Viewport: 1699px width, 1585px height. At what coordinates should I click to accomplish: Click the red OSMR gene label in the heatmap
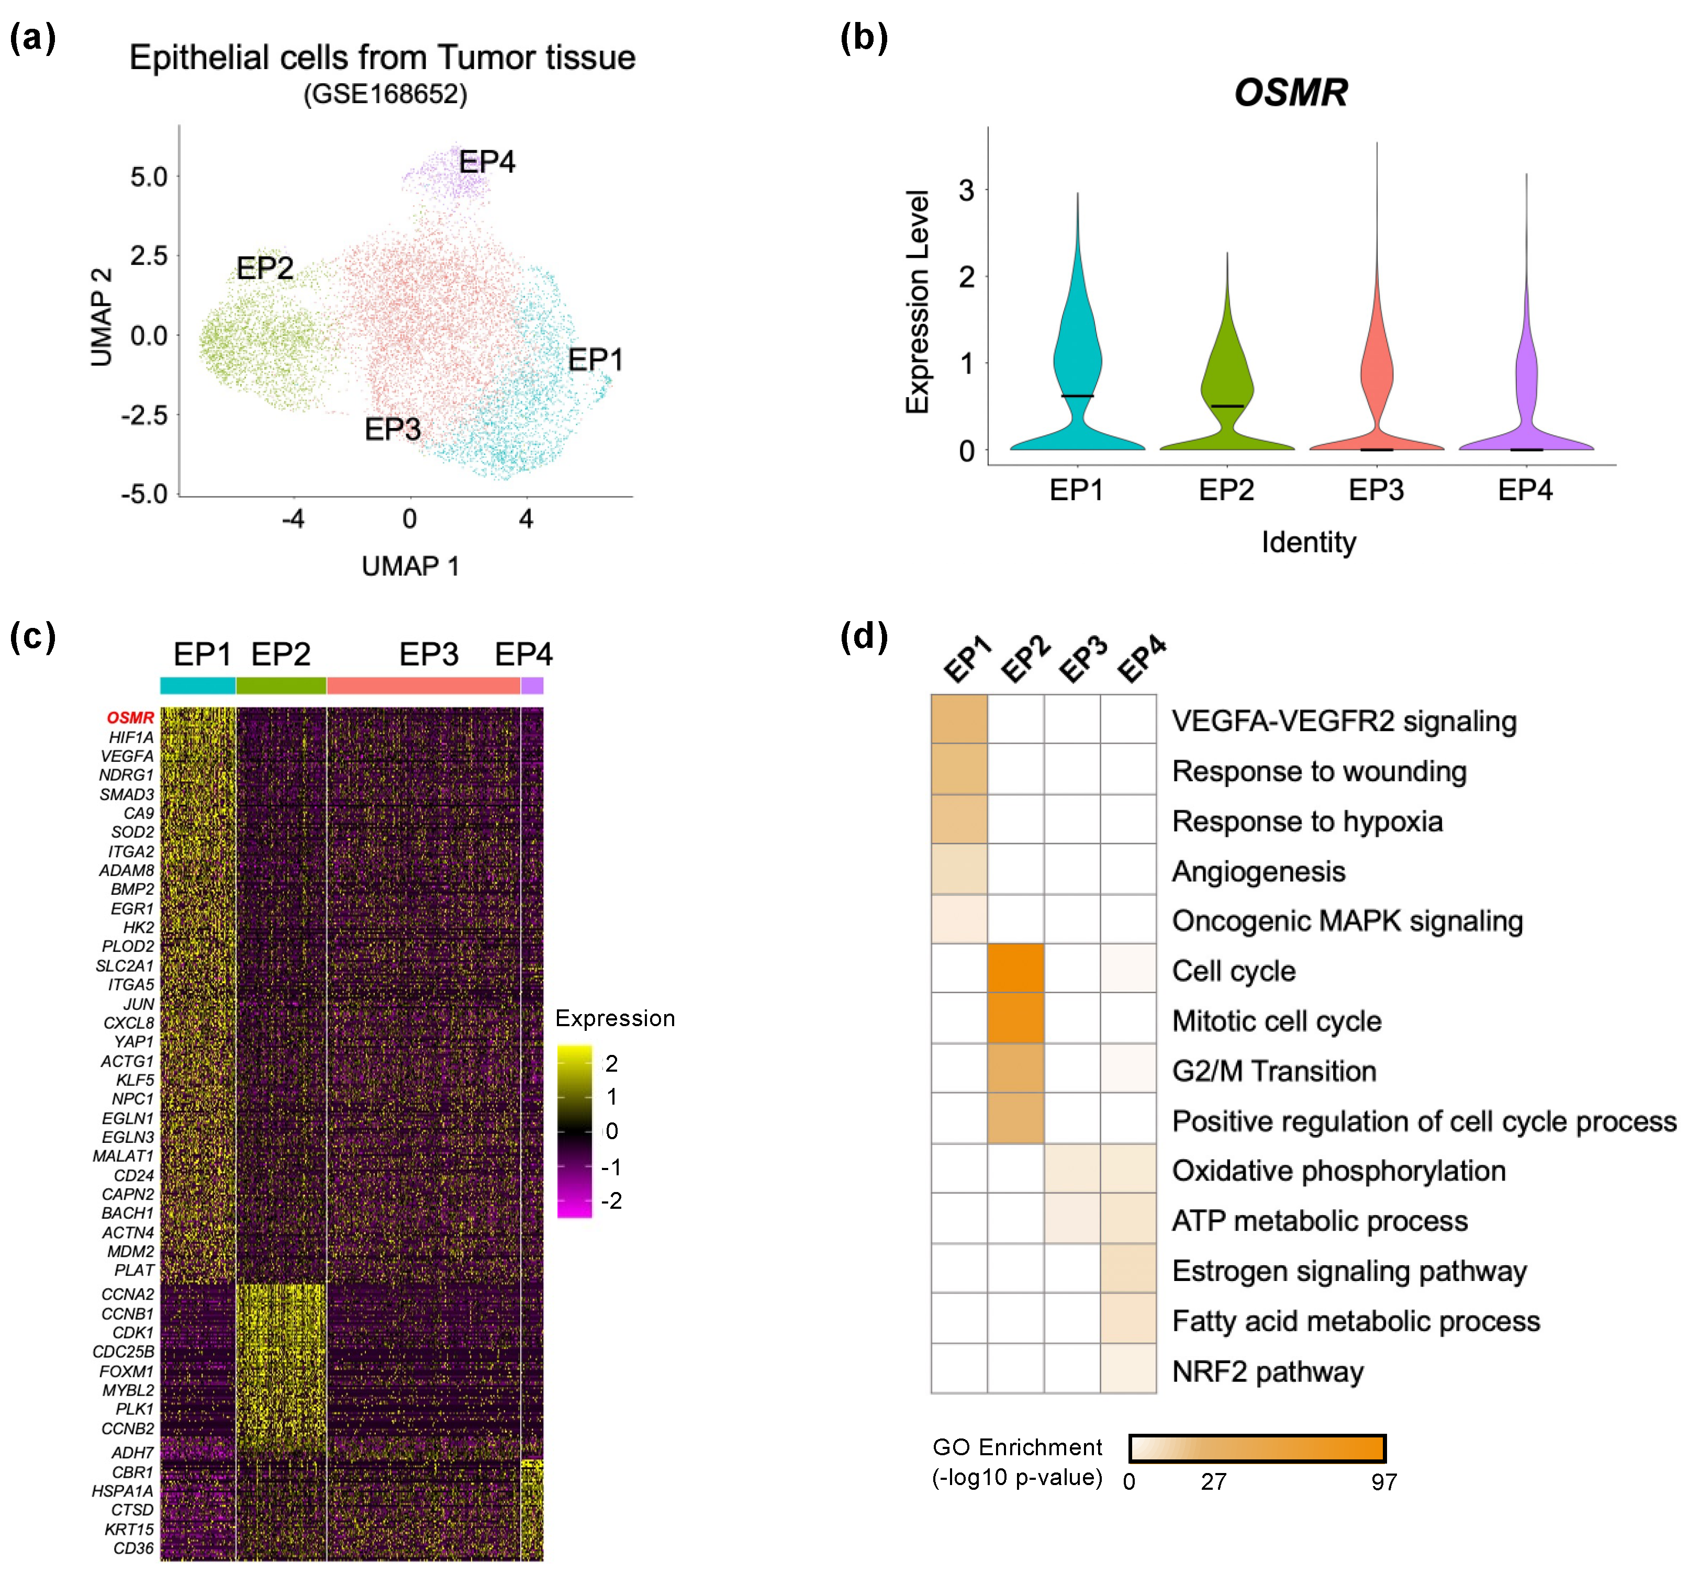[x=130, y=718]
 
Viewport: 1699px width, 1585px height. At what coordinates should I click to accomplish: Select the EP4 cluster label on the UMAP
[x=486, y=162]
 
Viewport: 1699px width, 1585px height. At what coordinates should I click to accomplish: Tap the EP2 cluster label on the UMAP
[x=264, y=268]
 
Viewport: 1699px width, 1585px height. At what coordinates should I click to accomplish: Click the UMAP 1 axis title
[x=410, y=566]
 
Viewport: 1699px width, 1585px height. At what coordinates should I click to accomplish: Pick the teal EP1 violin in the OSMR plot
[x=1077, y=367]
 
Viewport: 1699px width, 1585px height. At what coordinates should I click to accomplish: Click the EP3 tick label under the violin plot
[x=1376, y=490]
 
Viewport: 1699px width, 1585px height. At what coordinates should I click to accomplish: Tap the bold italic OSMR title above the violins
[x=1291, y=92]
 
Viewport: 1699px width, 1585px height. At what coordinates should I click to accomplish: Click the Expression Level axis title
[x=917, y=301]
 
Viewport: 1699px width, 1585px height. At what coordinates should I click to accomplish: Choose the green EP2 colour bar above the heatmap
[x=281, y=685]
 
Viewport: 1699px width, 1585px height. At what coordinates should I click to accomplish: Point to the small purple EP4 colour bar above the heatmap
[x=532, y=685]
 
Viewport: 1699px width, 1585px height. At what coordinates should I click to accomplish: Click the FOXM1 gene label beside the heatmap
[x=127, y=1372]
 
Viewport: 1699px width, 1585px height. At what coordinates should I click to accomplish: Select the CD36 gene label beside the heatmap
[x=133, y=1548]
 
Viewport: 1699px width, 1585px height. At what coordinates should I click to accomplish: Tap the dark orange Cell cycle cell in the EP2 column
[x=1015, y=969]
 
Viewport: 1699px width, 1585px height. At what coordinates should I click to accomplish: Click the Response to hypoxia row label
[x=1307, y=821]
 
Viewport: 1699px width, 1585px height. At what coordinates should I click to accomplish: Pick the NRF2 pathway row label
[x=1267, y=1372]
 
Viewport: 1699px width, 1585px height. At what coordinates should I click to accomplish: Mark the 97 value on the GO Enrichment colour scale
[x=1383, y=1481]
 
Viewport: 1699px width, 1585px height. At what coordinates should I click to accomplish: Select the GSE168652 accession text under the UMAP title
[x=385, y=94]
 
